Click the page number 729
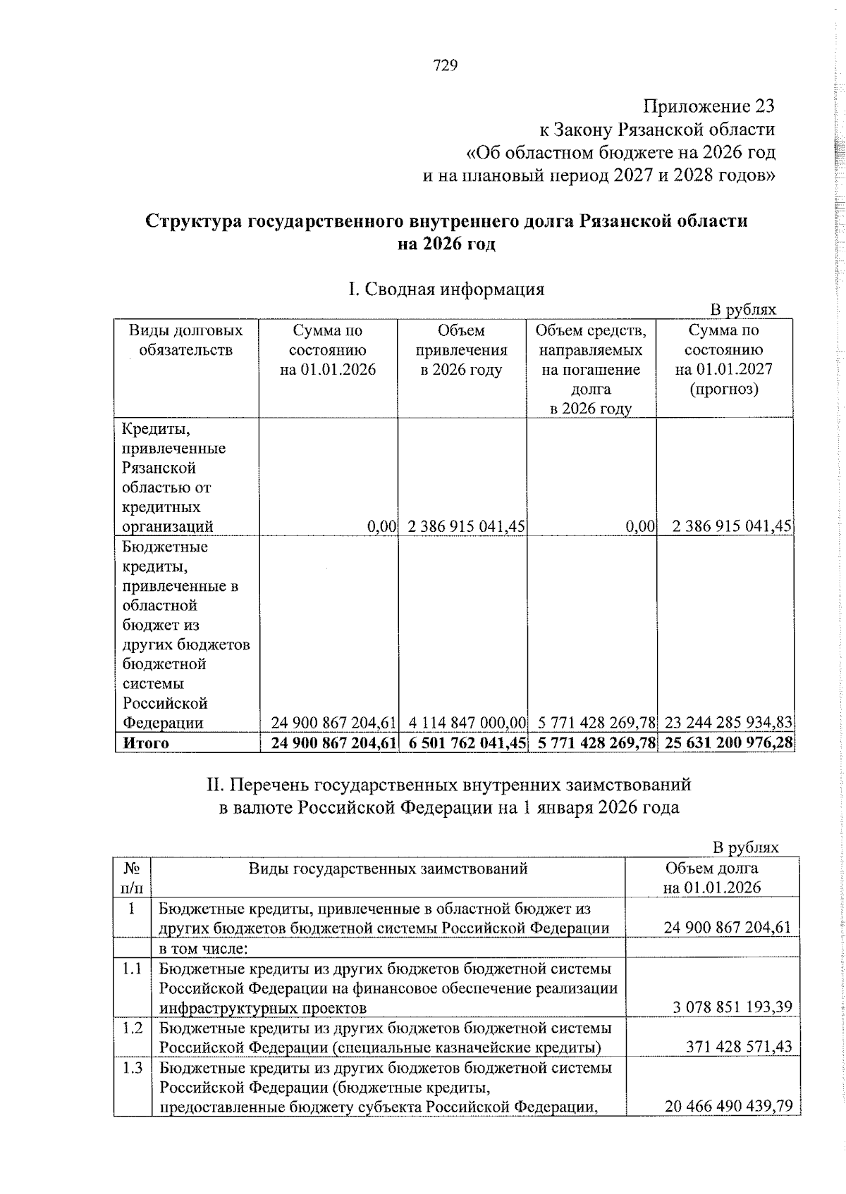[446, 66]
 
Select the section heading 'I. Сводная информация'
[446, 290]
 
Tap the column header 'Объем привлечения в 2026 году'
[461, 350]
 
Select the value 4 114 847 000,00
[467, 723]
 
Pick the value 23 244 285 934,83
[725, 723]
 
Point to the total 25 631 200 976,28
[725, 743]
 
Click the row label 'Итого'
[146, 743]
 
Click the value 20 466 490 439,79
[728, 1107]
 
